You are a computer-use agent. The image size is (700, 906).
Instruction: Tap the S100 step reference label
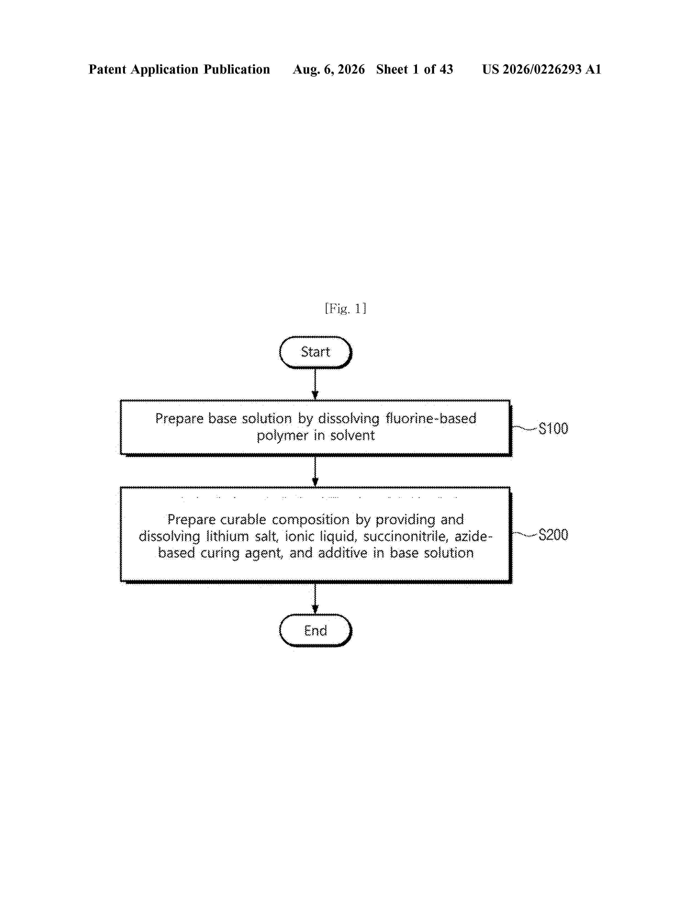(x=553, y=429)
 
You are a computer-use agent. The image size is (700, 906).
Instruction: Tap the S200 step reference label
(x=553, y=535)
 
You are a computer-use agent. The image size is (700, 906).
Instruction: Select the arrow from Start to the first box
(x=315, y=384)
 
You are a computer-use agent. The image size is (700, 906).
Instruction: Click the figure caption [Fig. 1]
(x=345, y=309)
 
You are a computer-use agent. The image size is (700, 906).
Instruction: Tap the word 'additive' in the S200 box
(x=343, y=553)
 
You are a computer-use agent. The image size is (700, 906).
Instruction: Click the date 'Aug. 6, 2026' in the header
(x=329, y=69)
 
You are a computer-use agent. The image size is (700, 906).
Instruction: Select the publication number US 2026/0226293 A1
(x=542, y=69)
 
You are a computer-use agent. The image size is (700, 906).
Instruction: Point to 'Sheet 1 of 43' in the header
(x=415, y=69)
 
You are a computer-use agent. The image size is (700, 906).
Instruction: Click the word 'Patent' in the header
(x=107, y=69)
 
